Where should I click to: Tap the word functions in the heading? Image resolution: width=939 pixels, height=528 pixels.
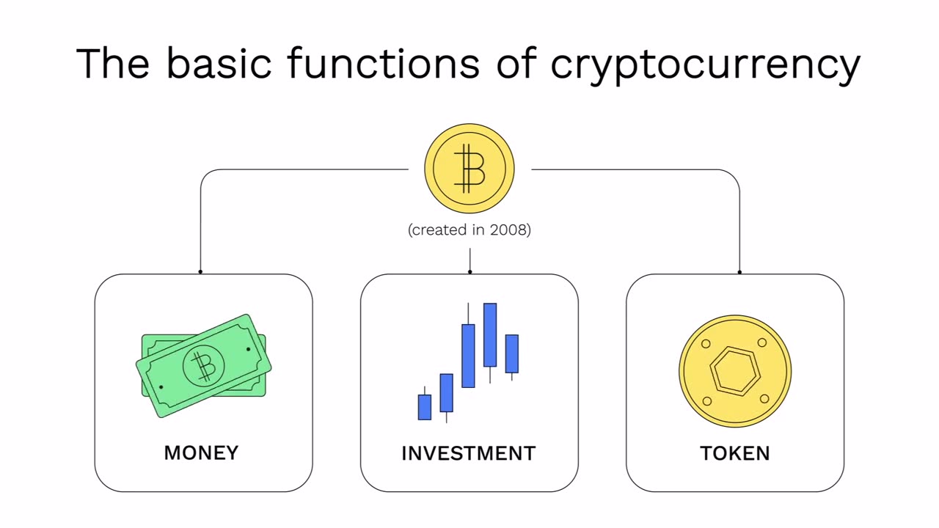point(383,63)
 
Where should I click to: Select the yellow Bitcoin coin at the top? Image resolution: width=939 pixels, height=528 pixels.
point(469,169)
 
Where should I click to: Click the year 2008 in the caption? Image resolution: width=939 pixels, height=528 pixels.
point(508,230)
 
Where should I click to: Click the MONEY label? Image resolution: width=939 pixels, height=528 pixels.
point(201,453)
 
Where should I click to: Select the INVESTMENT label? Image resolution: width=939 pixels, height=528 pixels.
point(468,453)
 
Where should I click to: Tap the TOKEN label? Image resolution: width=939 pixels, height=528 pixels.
point(735,453)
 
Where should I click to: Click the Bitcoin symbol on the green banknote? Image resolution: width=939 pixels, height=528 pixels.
point(203,366)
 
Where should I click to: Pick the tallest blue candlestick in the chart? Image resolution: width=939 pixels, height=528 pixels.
point(490,334)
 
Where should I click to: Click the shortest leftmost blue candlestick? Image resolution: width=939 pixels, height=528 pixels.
point(424,407)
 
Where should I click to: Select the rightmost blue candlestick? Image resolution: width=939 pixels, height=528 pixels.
point(511,353)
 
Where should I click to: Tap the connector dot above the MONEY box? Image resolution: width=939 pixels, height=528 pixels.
point(200,272)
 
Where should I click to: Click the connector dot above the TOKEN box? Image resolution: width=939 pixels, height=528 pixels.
point(739,272)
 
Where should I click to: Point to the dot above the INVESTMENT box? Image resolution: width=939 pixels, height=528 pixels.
point(469,272)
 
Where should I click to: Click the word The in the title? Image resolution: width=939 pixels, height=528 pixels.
point(112,63)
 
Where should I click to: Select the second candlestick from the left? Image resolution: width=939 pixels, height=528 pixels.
point(446,392)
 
